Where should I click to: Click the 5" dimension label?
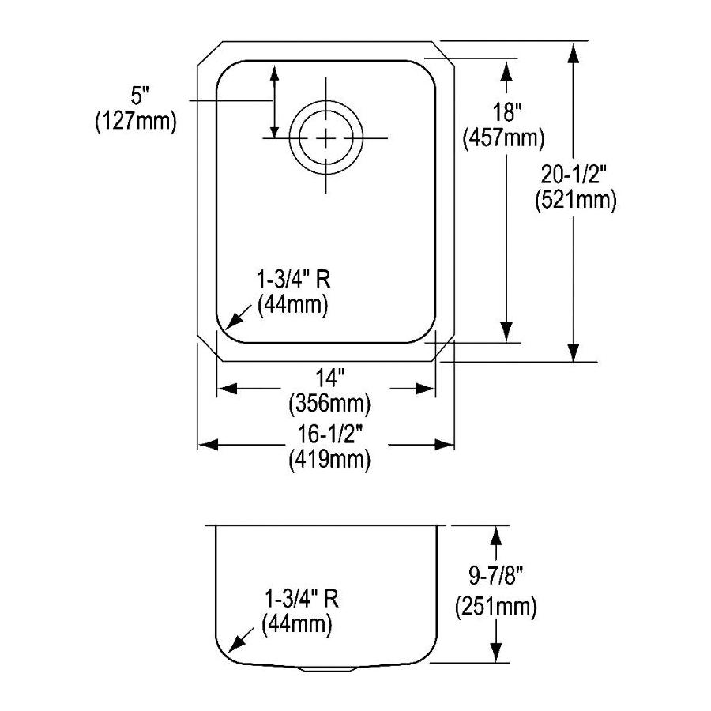coord(139,97)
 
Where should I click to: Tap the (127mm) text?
coord(134,122)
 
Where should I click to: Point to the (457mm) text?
coord(503,138)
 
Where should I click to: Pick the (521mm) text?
coord(575,200)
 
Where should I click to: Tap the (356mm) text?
coord(326,404)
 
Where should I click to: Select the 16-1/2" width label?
coord(326,432)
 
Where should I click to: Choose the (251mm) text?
coord(495,608)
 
